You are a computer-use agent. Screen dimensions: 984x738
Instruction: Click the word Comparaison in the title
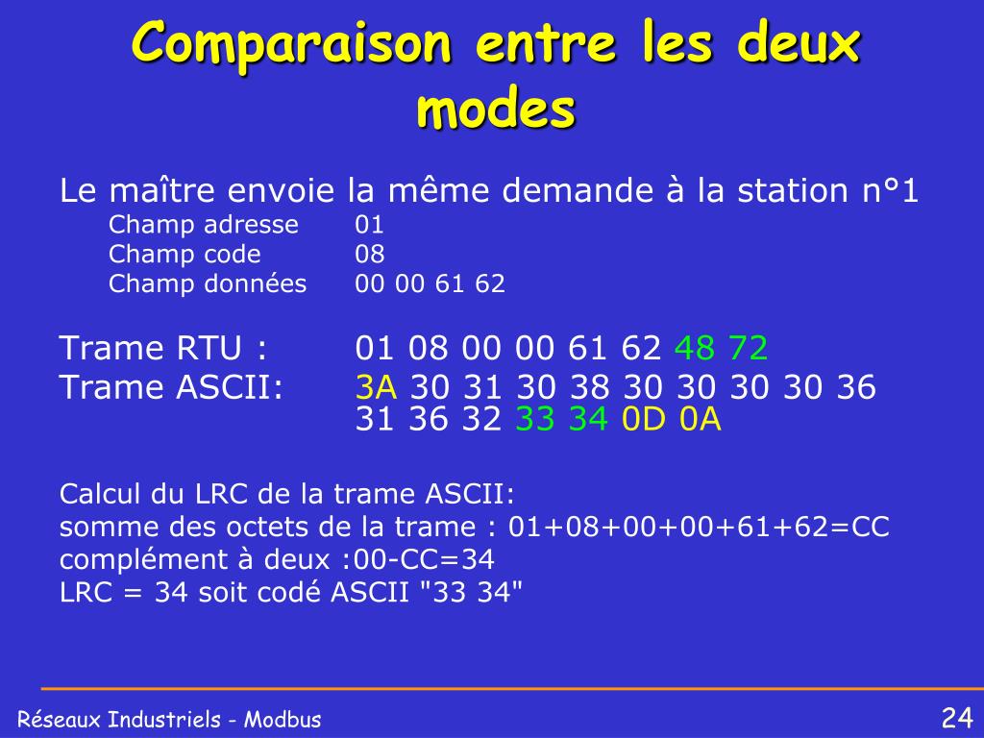tap(291, 42)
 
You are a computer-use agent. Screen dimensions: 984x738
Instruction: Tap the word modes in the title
tap(496, 109)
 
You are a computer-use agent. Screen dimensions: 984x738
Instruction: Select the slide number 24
tap(957, 717)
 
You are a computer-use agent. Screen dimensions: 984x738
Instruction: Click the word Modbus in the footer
tap(283, 719)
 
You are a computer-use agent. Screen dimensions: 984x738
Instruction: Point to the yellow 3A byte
tap(376, 387)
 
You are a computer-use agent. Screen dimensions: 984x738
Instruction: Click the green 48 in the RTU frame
tap(694, 348)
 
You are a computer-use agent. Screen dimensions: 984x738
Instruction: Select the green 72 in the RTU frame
tap(748, 348)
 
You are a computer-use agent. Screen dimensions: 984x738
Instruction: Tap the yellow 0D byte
tap(643, 419)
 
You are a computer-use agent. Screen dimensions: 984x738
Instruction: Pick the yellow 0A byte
tap(701, 419)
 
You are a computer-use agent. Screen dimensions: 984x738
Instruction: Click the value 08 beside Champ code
tap(370, 254)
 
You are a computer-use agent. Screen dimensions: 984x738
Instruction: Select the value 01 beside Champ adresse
tap(369, 225)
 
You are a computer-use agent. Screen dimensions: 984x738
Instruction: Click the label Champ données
tap(208, 283)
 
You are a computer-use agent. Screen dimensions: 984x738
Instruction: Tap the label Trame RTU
tap(163, 348)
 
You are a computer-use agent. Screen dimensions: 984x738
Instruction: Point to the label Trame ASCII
tap(171, 387)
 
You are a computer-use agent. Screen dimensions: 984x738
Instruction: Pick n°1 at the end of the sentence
tap(891, 190)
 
